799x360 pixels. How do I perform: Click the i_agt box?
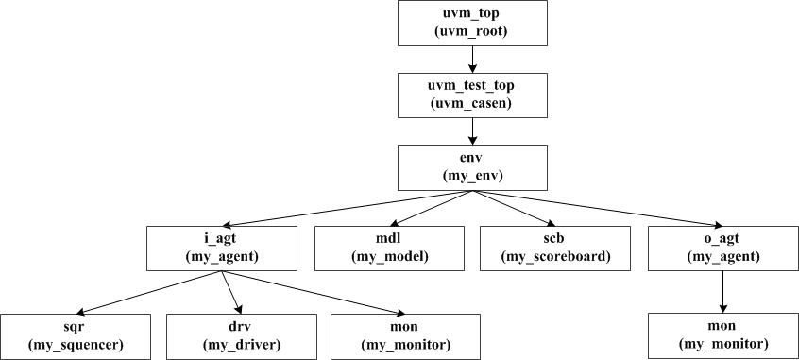pyautogui.click(x=223, y=249)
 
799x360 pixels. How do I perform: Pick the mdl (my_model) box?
pyautogui.click(x=390, y=249)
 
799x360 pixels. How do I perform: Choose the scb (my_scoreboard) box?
pyautogui.click(x=554, y=249)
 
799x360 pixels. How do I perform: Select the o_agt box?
pyautogui.click(x=722, y=249)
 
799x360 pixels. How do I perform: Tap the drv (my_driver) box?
pyautogui.click(x=242, y=335)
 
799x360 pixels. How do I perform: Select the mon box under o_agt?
pyautogui.click(x=722, y=335)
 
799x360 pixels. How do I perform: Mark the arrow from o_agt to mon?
pyautogui.click(x=722, y=292)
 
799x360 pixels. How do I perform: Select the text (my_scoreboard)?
pyautogui.click(x=554, y=257)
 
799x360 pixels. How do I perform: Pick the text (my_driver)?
pyautogui.click(x=242, y=344)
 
